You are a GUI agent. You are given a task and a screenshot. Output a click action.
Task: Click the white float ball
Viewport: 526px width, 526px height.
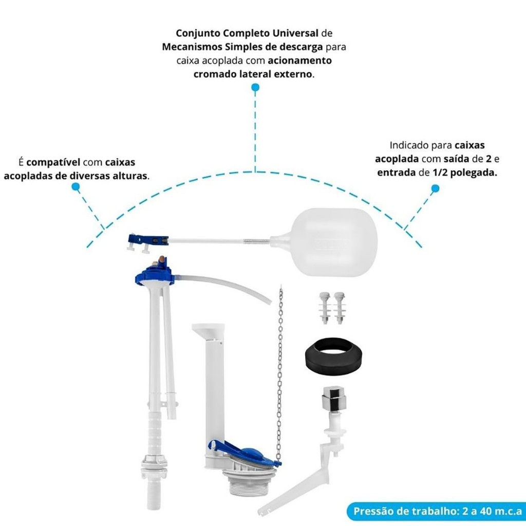(334, 242)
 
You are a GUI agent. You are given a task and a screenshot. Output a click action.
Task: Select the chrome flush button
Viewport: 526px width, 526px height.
(333, 398)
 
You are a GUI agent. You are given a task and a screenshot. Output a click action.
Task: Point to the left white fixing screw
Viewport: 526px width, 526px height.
(325, 307)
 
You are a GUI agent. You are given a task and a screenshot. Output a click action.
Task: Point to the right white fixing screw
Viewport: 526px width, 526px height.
(339, 307)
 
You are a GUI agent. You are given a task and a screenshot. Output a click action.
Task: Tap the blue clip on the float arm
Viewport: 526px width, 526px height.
(148, 240)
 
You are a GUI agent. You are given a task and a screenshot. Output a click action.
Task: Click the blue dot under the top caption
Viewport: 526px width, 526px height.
(255, 87)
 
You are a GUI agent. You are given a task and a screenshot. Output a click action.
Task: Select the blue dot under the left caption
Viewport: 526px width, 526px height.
(76, 187)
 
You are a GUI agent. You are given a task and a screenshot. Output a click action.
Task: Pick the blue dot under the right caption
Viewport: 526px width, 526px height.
(435, 189)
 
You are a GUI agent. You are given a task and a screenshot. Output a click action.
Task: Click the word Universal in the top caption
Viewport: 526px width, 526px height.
(295, 33)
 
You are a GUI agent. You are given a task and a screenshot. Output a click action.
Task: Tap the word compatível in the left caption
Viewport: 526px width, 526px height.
(53, 162)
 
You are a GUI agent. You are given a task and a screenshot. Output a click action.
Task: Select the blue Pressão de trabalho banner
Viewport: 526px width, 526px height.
(436, 511)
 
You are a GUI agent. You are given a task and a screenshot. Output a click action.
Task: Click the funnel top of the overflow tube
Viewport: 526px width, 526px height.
(208, 330)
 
